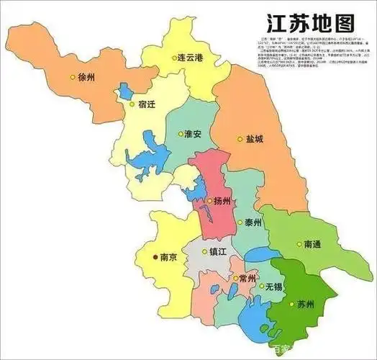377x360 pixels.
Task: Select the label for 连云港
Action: (196, 57)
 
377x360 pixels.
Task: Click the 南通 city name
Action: (316, 244)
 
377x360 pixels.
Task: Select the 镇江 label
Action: (218, 252)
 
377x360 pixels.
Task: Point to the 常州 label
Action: (246, 279)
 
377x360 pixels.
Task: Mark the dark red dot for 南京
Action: (153, 256)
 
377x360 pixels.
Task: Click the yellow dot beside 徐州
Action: (71, 77)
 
